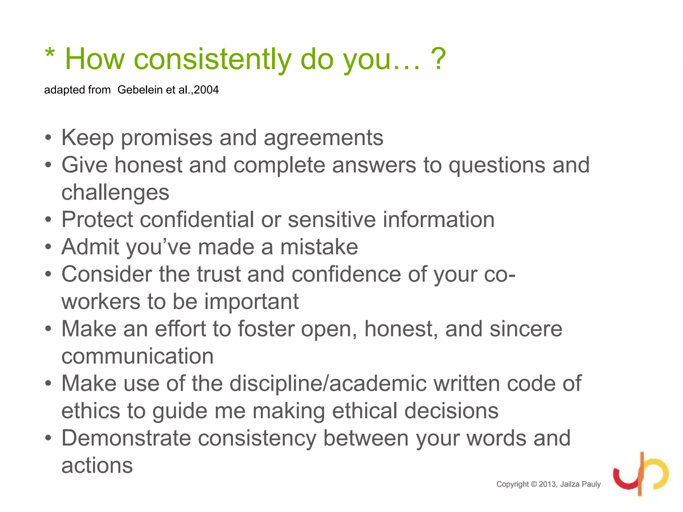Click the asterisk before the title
coord(50,53)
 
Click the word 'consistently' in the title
coord(212,59)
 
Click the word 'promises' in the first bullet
coord(166,138)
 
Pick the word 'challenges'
coord(115,193)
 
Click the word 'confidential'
coord(196,220)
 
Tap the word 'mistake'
coord(319,247)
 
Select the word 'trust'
coord(218,274)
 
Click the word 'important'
coord(251,302)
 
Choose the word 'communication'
coord(137,356)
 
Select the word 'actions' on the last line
coord(97,465)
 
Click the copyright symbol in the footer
coord(534,484)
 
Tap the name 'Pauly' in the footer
coord(591,484)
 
